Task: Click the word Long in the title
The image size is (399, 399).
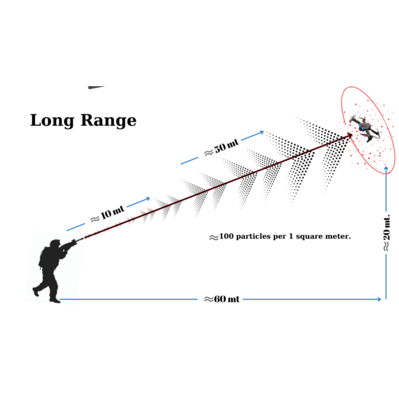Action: coord(52,121)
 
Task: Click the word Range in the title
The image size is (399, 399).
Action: coord(109,121)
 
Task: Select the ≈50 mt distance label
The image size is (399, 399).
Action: coord(222,147)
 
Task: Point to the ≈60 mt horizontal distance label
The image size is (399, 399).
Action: coord(222,299)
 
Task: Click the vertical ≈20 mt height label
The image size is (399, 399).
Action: coord(386,232)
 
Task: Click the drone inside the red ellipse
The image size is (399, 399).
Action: coord(365,128)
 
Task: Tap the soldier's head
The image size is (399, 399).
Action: coord(55,243)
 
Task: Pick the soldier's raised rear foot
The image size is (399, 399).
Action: coord(36,292)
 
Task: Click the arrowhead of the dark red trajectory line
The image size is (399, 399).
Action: coord(349,136)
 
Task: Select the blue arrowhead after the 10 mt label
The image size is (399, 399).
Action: coord(147,199)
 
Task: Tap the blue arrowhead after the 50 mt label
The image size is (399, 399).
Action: coord(261,132)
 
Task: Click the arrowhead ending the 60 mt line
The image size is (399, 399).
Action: coord(379,299)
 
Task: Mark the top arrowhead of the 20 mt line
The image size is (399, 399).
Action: coord(386,169)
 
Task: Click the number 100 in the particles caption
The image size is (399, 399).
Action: coord(226,236)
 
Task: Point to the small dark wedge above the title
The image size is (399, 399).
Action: coord(96,87)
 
